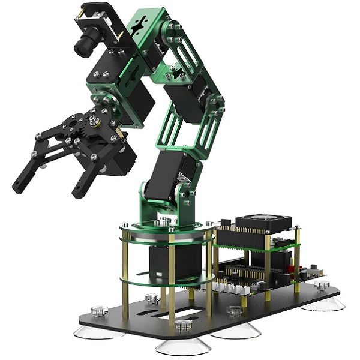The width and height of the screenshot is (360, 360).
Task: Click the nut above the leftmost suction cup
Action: coord(96,311)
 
